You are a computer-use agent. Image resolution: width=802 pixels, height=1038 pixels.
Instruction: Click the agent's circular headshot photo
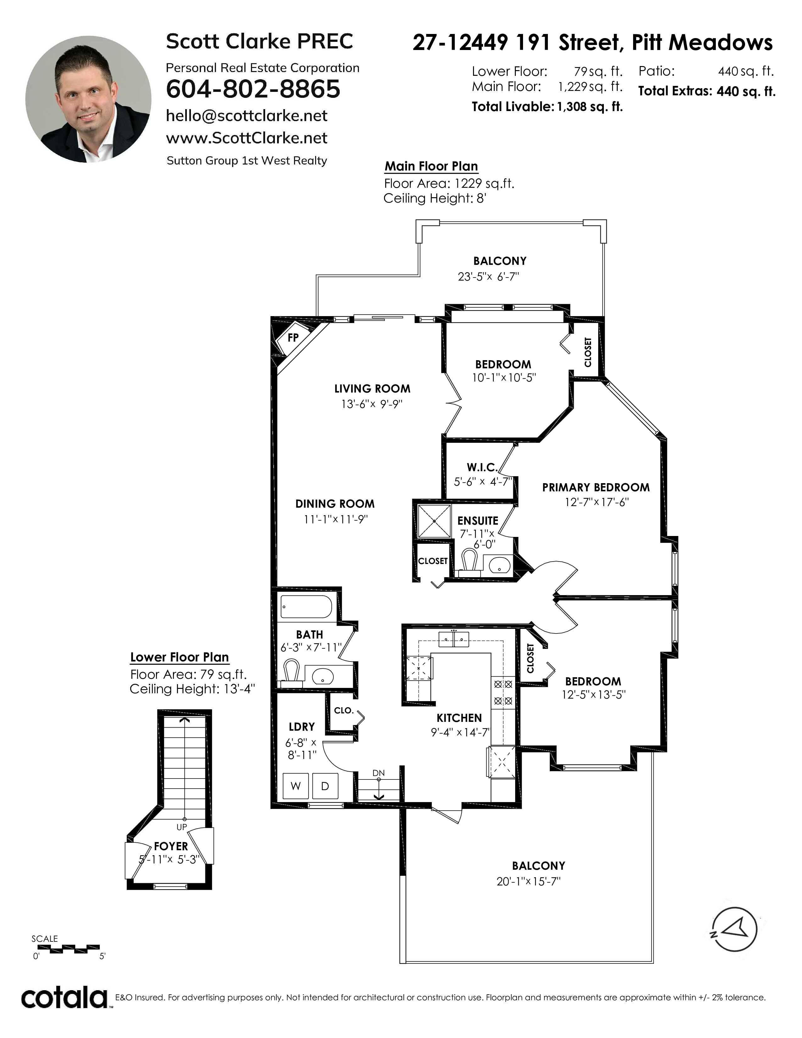click(88, 99)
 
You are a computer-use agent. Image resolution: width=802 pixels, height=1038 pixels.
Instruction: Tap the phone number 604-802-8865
click(253, 89)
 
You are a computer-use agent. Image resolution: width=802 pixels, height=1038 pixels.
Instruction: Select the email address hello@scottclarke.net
click(247, 116)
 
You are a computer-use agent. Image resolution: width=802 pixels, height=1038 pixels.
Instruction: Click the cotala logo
click(64, 998)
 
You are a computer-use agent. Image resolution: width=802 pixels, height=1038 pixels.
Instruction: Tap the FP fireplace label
click(293, 338)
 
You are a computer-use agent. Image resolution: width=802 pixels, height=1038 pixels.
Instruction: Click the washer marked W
click(296, 786)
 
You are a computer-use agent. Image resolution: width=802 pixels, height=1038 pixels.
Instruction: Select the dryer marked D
click(325, 786)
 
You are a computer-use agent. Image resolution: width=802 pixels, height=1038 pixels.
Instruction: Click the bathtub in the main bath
click(306, 607)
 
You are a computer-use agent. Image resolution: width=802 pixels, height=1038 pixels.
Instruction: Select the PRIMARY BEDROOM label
click(596, 487)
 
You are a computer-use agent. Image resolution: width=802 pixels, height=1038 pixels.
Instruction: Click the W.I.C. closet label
click(482, 467)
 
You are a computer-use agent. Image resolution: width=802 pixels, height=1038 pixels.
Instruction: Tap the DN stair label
click(379, 773)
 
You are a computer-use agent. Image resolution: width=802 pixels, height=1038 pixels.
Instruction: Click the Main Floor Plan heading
click(431, 166)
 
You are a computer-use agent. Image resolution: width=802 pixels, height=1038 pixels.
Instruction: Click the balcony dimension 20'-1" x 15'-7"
click(528, 881)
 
